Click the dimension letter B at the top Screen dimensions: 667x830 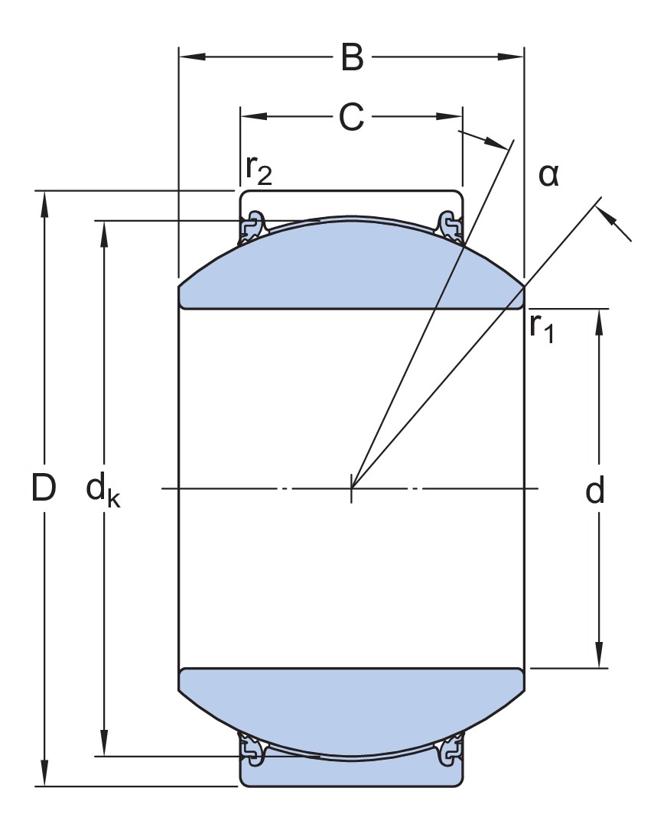[x=353, y=57]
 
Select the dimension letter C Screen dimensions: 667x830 [x=352, y=117]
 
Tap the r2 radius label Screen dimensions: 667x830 [x=259, y=170]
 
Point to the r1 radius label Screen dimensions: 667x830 [x=542, y=328]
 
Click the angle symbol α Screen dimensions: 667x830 [x=548, y=175]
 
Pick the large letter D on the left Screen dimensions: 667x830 [x=44, y=488]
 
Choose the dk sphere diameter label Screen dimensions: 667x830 [x=103, y=491]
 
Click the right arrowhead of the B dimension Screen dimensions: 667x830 [x=511, y=56]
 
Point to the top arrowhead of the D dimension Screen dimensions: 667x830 [x=44, y=204]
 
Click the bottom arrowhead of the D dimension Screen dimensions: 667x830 [x=44, y=773]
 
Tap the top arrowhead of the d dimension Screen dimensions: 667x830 [x=599, y=322]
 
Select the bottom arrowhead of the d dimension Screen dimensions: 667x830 [x=599, y=655]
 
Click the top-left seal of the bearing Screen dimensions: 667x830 [x=252, y=227]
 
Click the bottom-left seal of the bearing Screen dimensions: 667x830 [x=252, y=749]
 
